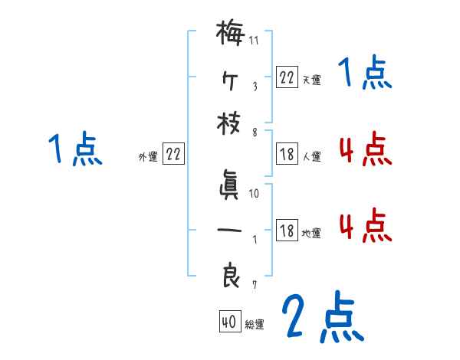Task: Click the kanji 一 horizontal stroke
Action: tap(231, 230)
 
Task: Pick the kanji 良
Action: tap(231, 276)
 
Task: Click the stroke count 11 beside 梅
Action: tap(254, 39)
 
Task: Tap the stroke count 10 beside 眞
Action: tap(255, 195)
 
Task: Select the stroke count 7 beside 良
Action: tap(254, 286)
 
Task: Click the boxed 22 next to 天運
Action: tap(286, 77)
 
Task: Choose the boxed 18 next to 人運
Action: tap(286, 154)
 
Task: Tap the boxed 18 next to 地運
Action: tap(286, 231)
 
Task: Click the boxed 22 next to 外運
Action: tap(174, 154)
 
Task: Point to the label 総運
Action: tap(254, 325)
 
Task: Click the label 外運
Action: tap(148, 156)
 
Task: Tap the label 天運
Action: tap(311, 79)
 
